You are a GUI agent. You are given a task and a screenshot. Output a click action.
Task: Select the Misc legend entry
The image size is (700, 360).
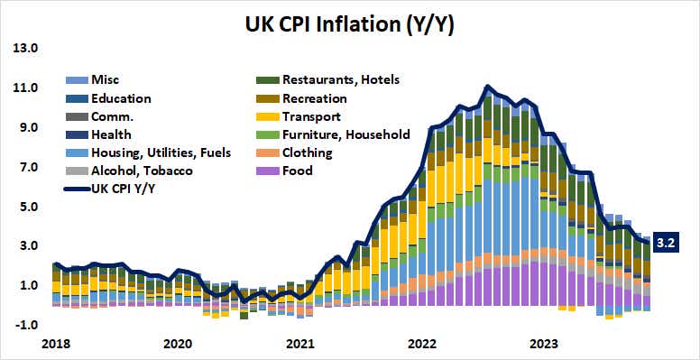click(105, 80)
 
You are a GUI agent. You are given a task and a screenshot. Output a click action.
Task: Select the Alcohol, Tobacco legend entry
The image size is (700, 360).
click(134, 171)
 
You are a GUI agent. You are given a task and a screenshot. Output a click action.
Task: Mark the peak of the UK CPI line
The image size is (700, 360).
click(487, 87)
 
